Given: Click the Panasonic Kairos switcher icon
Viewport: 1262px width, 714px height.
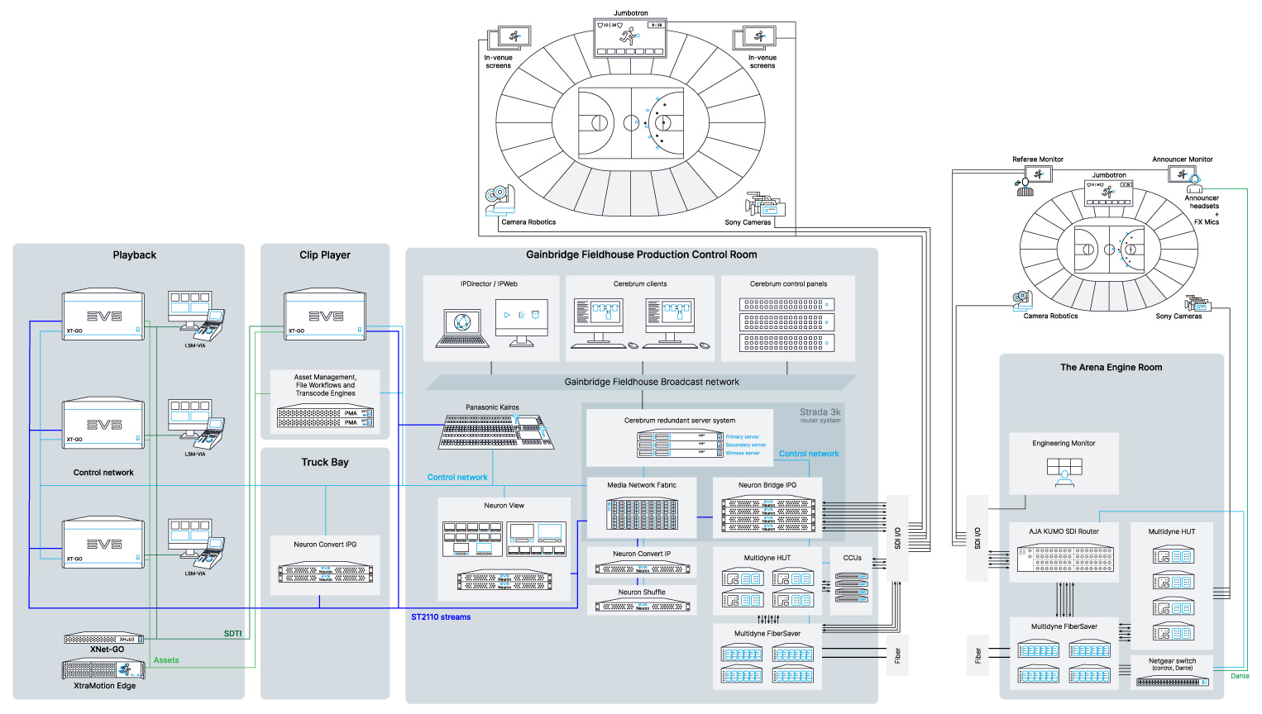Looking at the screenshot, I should coord(495,431).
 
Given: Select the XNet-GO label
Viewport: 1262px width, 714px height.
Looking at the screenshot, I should coord(107,650).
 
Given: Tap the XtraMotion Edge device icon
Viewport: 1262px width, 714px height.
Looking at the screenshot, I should coord(104,669).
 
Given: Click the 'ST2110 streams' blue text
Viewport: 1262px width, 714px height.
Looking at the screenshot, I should coord(441,617).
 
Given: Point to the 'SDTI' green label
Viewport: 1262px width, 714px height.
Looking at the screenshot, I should coord(232,634).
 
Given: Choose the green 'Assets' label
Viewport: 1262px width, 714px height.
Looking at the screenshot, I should coord(166,660).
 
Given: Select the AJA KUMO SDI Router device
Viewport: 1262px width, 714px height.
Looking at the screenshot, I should coord(1064,558).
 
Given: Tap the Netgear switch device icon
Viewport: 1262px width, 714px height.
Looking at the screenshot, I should coord(1172,682).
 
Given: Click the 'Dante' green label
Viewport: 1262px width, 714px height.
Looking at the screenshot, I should coord(1240,676).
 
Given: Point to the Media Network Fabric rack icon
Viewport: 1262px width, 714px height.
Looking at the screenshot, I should coord(642,514).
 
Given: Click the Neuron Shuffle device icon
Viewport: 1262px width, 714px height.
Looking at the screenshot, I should coord(642,606).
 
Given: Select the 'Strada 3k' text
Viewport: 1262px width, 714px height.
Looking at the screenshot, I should coord(820,412).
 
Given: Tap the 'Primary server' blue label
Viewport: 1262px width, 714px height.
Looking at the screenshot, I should coord(742,437).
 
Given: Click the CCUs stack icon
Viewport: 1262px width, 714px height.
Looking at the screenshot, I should coord(852,588).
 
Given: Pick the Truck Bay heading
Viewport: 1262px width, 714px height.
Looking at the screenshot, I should coord(325,463).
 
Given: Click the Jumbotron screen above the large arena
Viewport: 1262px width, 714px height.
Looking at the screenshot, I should coord(630,38).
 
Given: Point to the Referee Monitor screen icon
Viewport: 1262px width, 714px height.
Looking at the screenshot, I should coord(1038,174).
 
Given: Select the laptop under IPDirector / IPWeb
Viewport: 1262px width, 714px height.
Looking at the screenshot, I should coord(462,327).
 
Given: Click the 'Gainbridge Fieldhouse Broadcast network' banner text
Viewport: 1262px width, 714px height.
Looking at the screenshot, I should coord(652,382).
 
